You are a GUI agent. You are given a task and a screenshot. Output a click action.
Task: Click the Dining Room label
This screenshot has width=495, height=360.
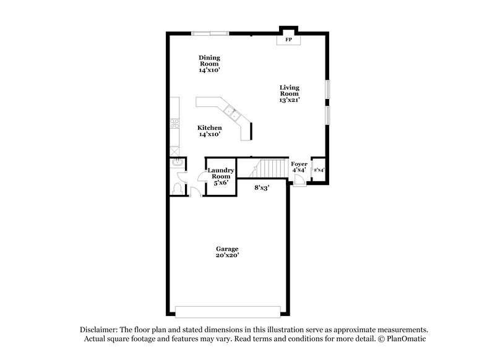210,64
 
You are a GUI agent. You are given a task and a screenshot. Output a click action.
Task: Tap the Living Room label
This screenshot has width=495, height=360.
289,93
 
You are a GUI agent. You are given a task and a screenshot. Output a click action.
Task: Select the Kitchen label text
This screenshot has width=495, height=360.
210,131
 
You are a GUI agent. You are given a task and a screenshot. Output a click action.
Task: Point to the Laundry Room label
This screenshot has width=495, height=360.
220,176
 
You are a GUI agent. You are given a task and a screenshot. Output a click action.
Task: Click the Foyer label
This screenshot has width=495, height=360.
299,168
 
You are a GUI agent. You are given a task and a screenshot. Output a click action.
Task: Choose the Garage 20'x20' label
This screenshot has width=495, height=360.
227,251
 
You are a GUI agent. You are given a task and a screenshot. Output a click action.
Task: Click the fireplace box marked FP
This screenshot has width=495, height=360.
288,40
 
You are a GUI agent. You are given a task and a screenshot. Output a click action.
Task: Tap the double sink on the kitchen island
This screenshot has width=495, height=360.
234,114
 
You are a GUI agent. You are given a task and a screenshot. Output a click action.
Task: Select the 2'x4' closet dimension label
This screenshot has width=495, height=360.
319,169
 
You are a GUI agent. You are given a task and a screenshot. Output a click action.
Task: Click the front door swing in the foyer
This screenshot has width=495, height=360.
299,180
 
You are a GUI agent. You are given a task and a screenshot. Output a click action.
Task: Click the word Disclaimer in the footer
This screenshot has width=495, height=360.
101,330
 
